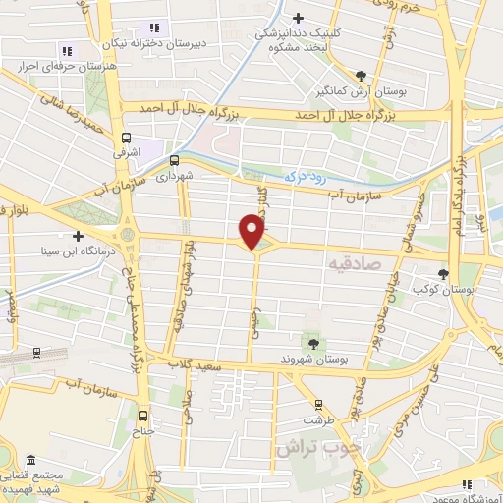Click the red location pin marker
[252, 230]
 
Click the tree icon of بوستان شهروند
[313, 343]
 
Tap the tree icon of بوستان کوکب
[445, 274]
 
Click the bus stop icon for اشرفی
[126, 138]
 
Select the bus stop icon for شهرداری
[174, 160]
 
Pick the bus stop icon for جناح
[144, 415]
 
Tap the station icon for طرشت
[317, 404]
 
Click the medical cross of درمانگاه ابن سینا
[77, 236]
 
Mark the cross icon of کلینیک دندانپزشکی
[298, 18]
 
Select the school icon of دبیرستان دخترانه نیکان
[153, 28]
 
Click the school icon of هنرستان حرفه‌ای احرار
[66, 50]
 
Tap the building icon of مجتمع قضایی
[31, 461]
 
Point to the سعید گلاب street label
[219, 365]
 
